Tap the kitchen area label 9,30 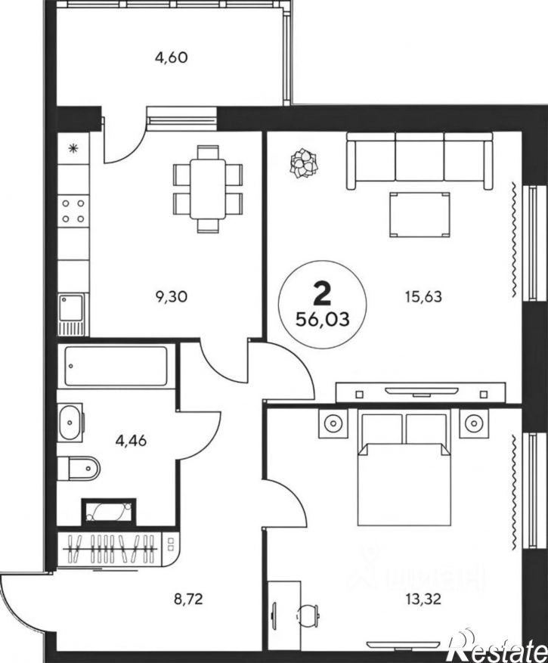pyautogui.click(x=171, y=297)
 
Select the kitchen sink pyautogui.click(x=71, y=311)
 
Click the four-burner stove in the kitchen pyautogui.click(x=73, y=211)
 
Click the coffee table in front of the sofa pyautogui.click(x=418, y=215)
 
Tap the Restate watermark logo pyautogui.click(x=497, y=646)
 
